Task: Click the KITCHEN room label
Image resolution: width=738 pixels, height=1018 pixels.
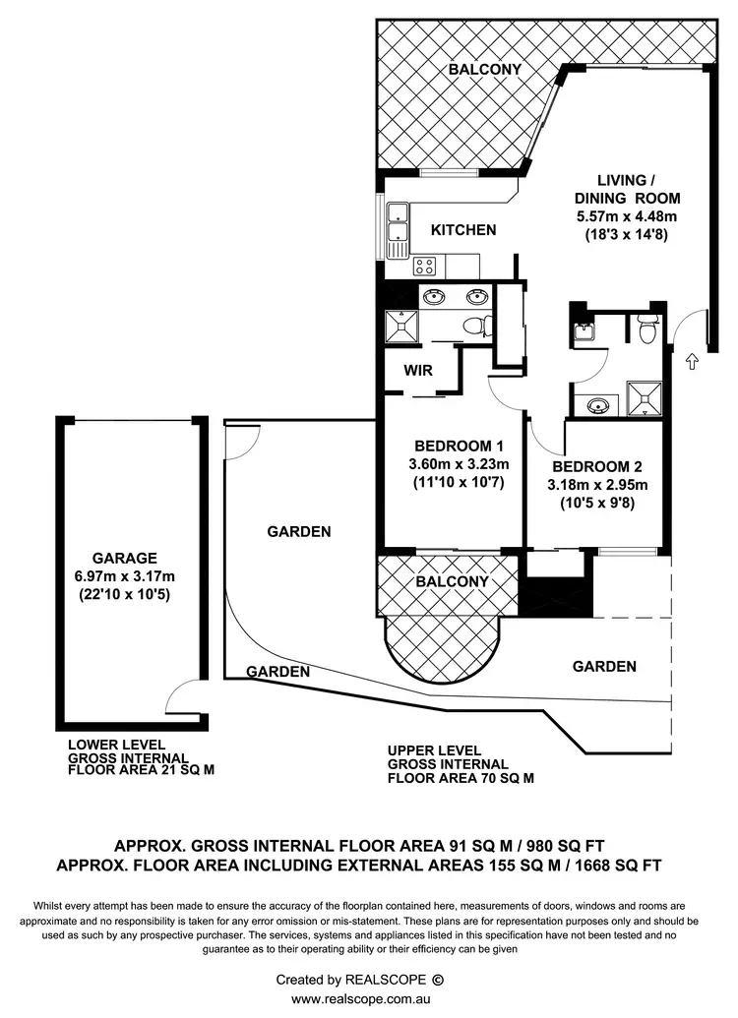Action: pyautogui.click(x=463, y=230)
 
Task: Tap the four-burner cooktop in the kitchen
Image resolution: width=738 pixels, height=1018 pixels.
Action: pyautogui.click(x=425, y=265)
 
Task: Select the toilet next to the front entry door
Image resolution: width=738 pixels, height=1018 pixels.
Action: pyautogui.click(x=646, y=331)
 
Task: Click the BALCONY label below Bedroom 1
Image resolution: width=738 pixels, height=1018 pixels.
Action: pyautogui.click(x=451, y=581)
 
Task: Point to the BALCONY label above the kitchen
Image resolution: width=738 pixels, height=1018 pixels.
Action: pyautogui.click(x=484, y=70)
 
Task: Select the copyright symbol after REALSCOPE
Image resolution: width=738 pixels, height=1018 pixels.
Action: pyautogui.click(x=439, y=980)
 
